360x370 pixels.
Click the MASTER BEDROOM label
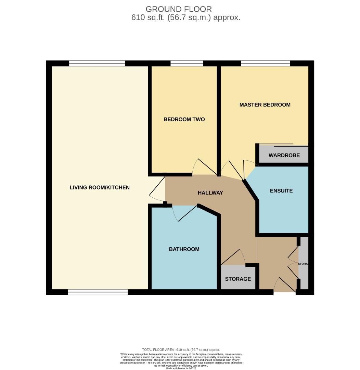265,105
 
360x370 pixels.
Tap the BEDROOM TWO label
184,120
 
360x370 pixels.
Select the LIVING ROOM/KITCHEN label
100,187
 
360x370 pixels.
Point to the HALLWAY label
210,193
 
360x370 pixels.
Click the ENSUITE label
281,190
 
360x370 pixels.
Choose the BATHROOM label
184,249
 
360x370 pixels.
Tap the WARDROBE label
284,156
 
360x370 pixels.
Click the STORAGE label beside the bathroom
238,279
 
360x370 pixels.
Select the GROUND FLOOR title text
179,9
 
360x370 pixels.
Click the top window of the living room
97,63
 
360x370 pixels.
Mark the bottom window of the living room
98,292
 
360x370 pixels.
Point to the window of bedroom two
187,63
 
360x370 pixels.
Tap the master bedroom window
266,63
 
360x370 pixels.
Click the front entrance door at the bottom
285,285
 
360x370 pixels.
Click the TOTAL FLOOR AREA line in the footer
181,349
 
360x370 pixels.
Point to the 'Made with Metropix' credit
181,368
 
